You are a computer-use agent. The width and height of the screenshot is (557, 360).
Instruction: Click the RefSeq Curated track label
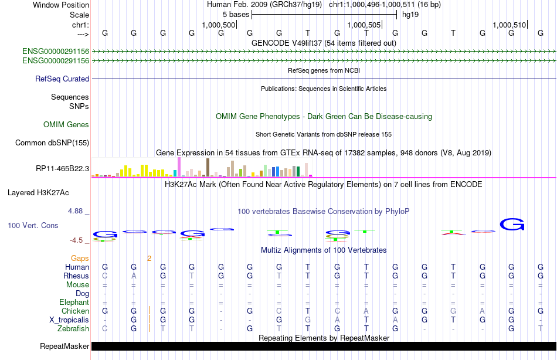pyautogui.click(x=62, y=79)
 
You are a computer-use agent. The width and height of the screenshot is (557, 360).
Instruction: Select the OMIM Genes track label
pyautogui.click(x=66, y=124)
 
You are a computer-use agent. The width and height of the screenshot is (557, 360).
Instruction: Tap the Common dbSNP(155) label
pyautogui.click(x=52, y=142)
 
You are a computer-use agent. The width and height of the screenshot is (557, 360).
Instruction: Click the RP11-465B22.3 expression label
pyautogui.click(x=62, y=169)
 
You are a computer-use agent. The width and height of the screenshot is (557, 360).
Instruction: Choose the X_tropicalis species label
pyautogui.click(x=68, y=320)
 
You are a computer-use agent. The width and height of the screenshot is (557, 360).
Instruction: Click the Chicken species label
pyautogui.click(x=75, y=311)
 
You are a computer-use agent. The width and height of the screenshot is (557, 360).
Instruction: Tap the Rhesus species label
pyautogui.click(x=76, y=276)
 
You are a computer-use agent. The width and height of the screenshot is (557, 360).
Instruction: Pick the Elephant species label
pyautogui.click(x=74, y=303)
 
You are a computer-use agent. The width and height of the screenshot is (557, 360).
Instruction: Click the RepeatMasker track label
pyautogui.click(x=64, y=347)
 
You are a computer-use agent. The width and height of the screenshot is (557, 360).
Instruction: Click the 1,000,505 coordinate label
pyautogui.click(x=364, y=25)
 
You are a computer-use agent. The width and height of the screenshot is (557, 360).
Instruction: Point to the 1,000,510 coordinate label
pyautogui.click(x=510, y=25)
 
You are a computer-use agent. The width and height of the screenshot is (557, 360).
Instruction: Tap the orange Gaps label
pyautogui.click(x=80, y=258)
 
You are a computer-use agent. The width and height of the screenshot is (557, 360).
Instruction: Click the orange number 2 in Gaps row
pyautogui.click(x=149, y=258)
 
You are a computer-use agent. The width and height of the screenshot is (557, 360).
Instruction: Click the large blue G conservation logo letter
pyautogui.click(x=512, y=224)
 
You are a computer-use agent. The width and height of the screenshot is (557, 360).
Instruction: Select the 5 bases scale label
pyautogui.click(x=236, y=14)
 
